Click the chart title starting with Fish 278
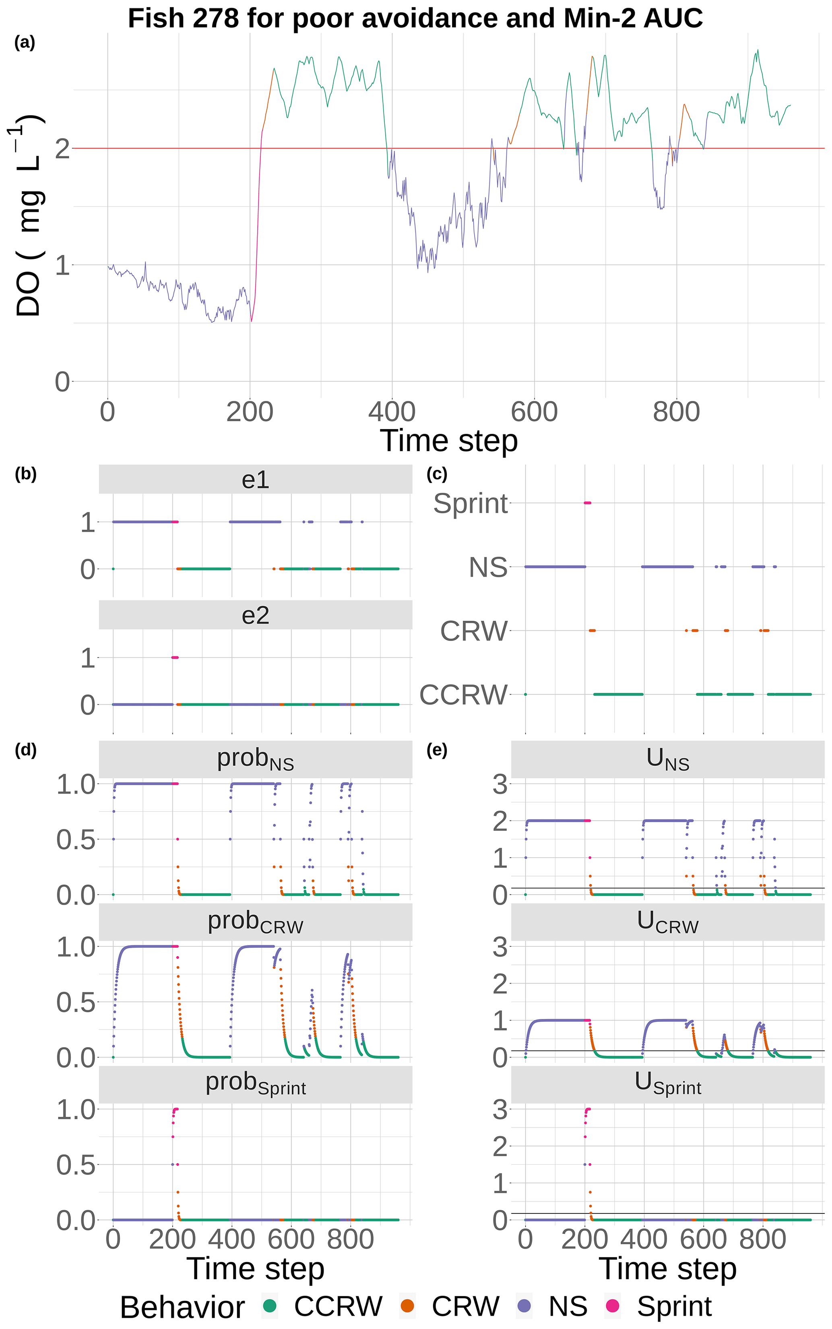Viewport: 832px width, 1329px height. click(415, 18)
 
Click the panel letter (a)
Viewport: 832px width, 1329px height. click(25, 42)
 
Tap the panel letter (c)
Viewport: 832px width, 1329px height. click(437, 474)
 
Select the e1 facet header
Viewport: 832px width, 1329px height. click(255, 480)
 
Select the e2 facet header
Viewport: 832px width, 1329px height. click(255, 615)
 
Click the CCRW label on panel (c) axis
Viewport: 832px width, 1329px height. click(463, 694)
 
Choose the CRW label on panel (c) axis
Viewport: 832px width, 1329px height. click(473, 630)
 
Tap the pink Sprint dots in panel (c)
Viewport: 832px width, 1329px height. click(587, 503)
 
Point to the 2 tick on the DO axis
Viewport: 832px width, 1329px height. click(62, 149)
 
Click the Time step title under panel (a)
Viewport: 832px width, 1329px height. click(448, 441)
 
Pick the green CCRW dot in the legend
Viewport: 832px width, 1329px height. click(270, 1306)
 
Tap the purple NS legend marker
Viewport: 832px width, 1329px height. click(524, 1306)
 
